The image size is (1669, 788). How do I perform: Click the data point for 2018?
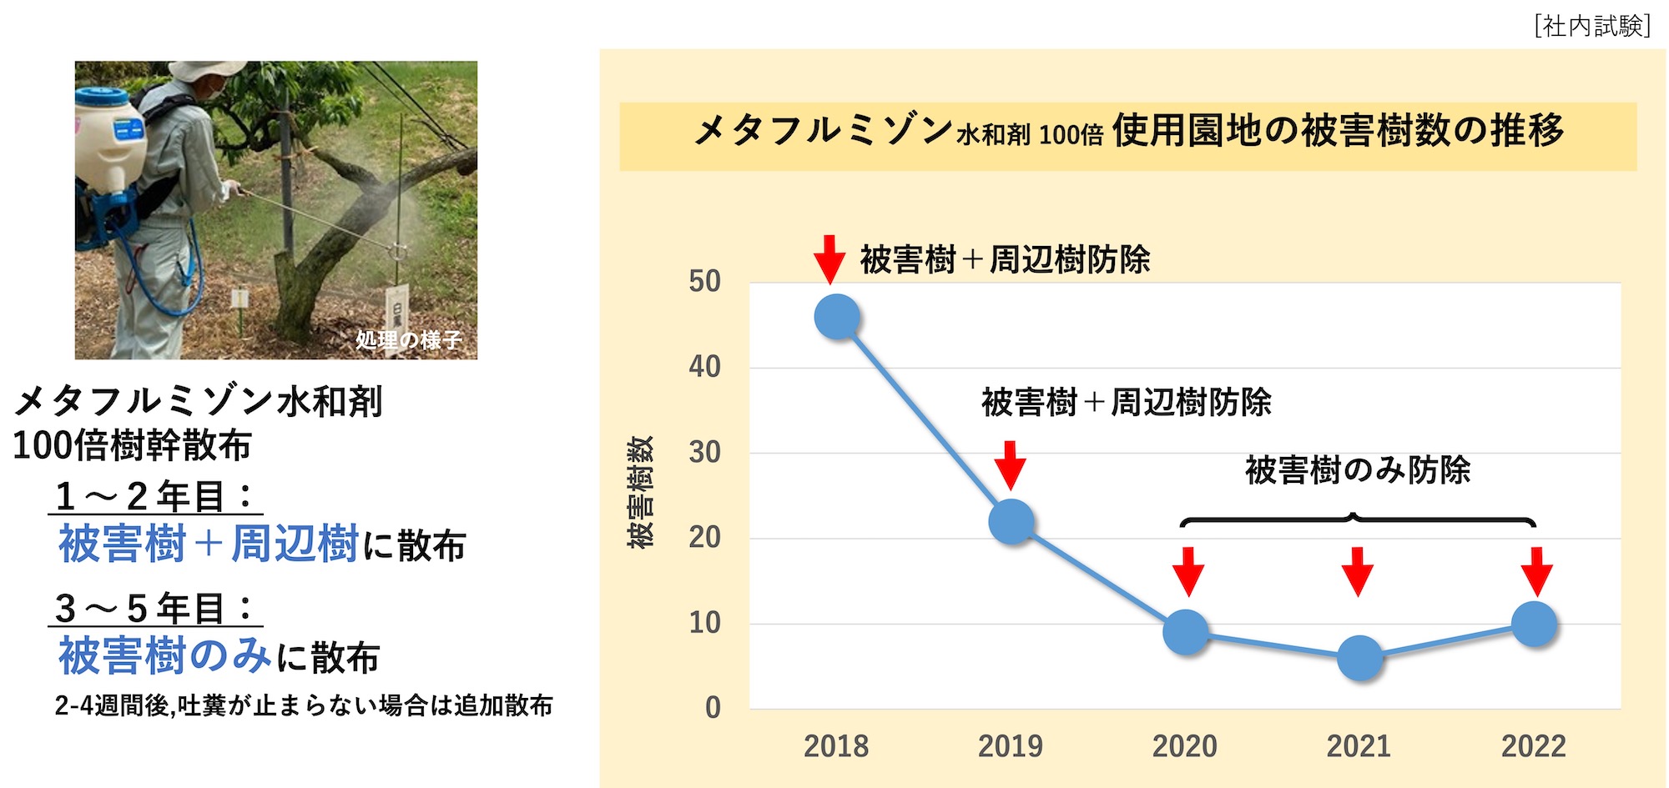coord(836,318)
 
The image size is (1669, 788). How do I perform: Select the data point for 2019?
coord(1011,522)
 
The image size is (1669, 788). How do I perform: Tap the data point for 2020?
coord(1186,632)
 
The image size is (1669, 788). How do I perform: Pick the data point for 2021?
coord(1360,658)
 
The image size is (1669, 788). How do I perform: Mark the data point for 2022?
coord(1535,624)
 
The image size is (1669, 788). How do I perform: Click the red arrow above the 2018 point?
coord(829,259)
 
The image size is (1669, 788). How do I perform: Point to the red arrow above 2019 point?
coord(1010,464)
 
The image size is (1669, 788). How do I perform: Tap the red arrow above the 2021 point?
coord(1358,571)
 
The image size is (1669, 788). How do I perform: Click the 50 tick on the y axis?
coord(704,282)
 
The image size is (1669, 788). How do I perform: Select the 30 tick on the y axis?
coord(704,453)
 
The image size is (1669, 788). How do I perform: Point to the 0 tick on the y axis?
coord(713,708)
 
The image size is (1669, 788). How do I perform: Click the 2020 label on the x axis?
coord(1184,746)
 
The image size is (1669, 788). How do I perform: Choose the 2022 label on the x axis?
coord(1533,746)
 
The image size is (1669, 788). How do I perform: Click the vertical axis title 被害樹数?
coord(640,492)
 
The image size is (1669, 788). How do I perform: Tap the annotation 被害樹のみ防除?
coord(1357,470)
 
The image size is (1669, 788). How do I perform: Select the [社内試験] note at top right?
coord(1592,26)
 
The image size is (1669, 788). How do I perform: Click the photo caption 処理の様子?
coord(408,340)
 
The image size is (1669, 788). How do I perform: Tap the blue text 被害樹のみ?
coord(164,655)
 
